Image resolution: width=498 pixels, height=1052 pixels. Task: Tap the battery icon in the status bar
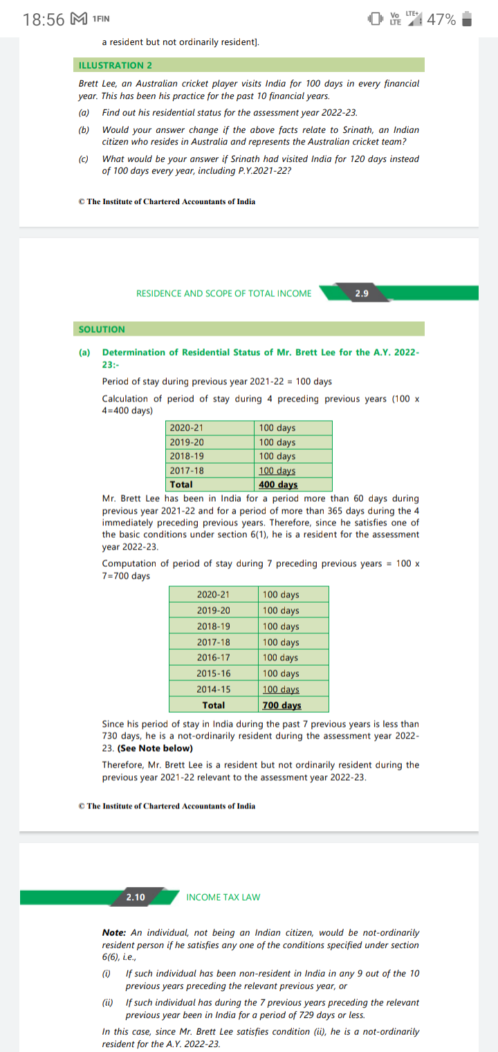click(467, 19)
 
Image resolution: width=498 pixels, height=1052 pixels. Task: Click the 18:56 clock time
click(43, 20)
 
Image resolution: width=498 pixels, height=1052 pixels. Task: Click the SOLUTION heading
click(102, 329)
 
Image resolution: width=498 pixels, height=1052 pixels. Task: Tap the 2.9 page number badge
click(362, 293)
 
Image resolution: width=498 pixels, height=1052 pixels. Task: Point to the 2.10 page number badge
click(136, 897)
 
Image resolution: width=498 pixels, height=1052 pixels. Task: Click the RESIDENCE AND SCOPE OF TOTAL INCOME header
click(224, 293)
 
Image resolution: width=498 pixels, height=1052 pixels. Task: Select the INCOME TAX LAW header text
click(223, 897)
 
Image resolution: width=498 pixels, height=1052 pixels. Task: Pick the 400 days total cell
click(278, 484)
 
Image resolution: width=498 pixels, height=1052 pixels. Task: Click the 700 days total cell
click(282, 705)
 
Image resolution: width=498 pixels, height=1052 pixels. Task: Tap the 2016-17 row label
click(214, 657)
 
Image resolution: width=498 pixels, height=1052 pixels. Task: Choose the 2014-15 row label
click(214, 689)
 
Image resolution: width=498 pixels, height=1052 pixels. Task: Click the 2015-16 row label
click(214, 673)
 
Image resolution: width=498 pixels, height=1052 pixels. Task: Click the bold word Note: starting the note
click(114, 933)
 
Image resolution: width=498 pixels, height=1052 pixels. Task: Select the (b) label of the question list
click(84, 130)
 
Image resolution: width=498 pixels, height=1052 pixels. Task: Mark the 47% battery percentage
click(441, 20)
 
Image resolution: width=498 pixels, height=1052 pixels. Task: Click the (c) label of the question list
click(84, 158)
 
